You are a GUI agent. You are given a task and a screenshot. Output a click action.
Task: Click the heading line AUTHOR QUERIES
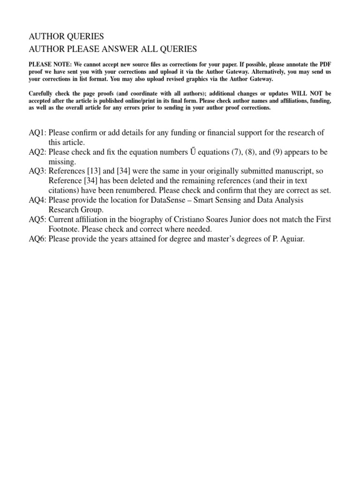point(66,37)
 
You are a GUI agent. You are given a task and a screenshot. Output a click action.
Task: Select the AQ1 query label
point(37,133)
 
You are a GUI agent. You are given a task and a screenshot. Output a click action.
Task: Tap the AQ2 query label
point(37,152)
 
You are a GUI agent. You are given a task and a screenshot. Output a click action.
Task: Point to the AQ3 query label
point(37,172)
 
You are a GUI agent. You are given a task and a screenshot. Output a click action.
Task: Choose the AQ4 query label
point(37,200)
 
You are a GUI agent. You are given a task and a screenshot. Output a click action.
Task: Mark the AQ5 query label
point(37,220)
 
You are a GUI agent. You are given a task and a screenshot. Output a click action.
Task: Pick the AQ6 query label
point(37,239)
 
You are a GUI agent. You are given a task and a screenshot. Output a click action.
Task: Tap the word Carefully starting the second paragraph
point(43,94)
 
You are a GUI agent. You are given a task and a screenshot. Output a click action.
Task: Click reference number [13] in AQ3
point(89,172)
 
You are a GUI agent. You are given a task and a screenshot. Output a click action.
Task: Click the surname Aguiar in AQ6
point(292,239)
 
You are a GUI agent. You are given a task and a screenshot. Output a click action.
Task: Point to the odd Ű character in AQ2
point(195,152)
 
